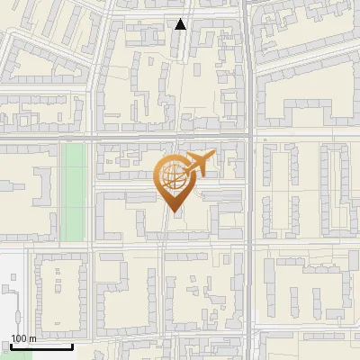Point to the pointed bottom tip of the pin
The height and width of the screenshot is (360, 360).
click(x=175, y=211)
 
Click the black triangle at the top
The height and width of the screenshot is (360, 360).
click(x=181, y=24)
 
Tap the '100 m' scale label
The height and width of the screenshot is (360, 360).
click(x=23, y=337)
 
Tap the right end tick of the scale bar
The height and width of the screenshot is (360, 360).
click(x=72, y=345)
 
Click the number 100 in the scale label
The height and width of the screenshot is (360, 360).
click(x=19, y=337)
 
